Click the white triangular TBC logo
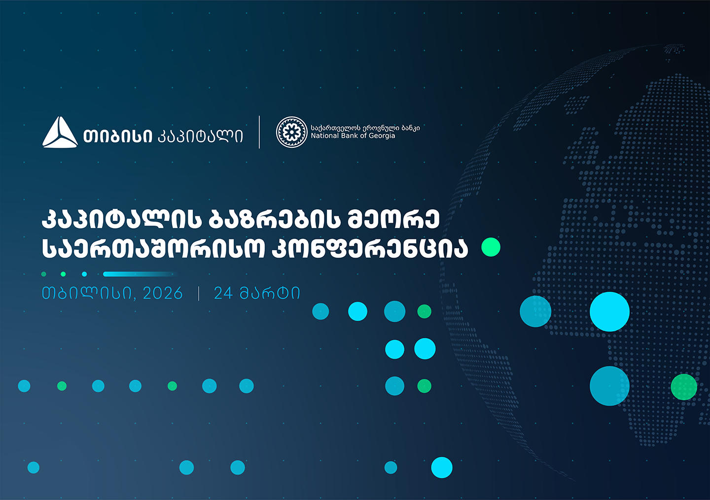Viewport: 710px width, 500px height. pyautogui.click(x=60, y=133)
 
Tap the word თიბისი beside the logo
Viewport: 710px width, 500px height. pyautogui.click(x=117, y=136)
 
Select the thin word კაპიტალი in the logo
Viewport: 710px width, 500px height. pyautogui.click(x=200, y=136)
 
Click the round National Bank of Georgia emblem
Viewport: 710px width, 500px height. pyautogui.click(x=291, y=132)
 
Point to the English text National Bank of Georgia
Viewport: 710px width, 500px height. pyautogui.click(x=353, y=136)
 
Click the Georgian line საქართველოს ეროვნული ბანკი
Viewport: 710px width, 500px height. pyautogui.click(x=365, y=128)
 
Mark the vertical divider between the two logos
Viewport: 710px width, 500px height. pyautogui.click(x=259, y=132)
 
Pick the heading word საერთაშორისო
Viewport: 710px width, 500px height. pyautogui.click(x=153, y=249)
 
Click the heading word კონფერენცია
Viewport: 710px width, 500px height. pyautogui.click(x=370, y=249)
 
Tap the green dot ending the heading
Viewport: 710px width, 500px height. pyautogui.click(x=491, y=247)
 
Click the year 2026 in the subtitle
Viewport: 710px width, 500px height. pyautogui.click(x=163, y=293)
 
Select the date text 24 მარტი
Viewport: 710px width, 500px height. pyautogui.click(x=256, y=293)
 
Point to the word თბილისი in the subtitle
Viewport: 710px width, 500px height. pyautogui.click(x=87, y=293)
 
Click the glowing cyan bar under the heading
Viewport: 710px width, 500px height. pyautogui.click(x=138, y=274)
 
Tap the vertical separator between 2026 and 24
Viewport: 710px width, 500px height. pyautogui.click(x=199, y=293)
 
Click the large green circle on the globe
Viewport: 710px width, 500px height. pyautogui.click(x=684, y=387)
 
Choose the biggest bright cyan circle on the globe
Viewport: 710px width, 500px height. pyautogui.click(x=609, y=312)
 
